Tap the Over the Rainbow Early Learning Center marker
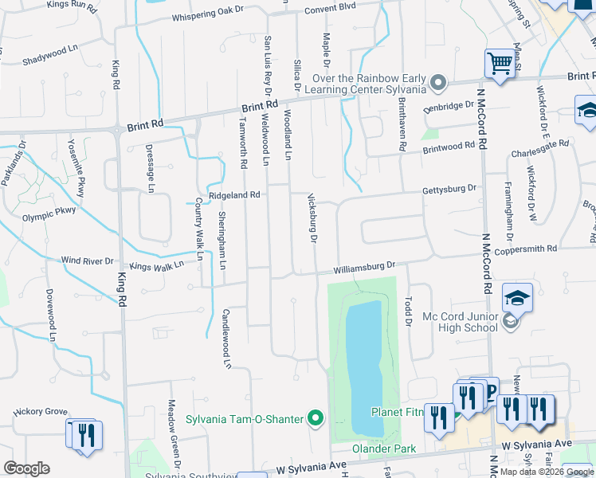coord(437,82)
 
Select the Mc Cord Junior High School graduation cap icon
coord(517,299)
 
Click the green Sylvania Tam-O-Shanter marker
coord(316,417)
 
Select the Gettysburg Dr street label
coord(449,190)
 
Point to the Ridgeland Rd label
coord(234,194)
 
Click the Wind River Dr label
coord(88,261)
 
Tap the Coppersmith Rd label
coord(525,250)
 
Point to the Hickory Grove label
coord(41,412)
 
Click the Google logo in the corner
coord(26,468)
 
